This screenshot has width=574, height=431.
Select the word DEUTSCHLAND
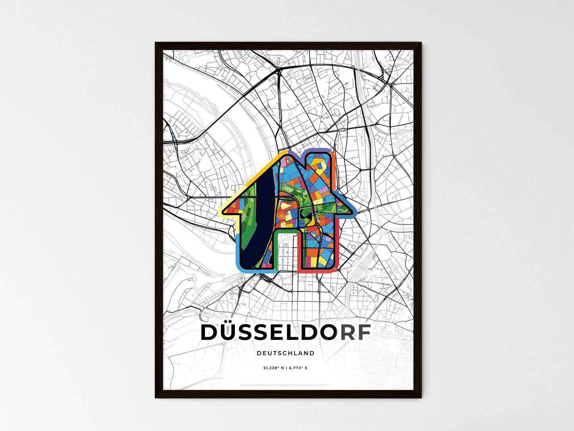click(x=286, y=353)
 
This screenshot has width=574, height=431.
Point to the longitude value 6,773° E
click(x=298, y=368)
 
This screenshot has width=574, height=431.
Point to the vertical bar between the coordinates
click(x=286, y=368)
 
